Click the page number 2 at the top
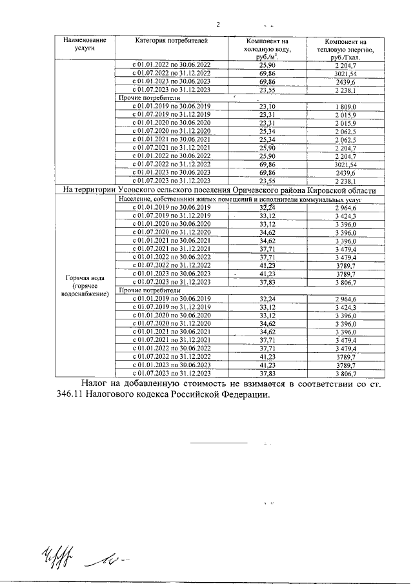[218, 25]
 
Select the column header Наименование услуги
[84, 44]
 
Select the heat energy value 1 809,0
[346, 106]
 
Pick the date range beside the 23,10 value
[172, 106]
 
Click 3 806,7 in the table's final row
[346, 374]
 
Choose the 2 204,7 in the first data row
[346, 65]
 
